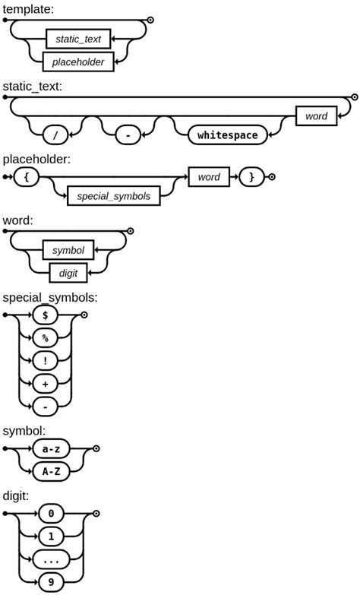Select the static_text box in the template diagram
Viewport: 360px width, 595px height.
tap(78, 38)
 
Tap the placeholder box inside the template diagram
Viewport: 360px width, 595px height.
tap(78, 62)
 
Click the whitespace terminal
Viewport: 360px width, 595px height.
tap(227, 135)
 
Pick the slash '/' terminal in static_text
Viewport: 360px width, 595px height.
tap(55, 135)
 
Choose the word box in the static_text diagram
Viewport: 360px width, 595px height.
tap(316, 116)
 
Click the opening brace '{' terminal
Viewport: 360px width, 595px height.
tap(26, 177)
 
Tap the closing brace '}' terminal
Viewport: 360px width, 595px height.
tap(251, 177)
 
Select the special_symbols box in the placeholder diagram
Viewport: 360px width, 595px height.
tap(114, 196)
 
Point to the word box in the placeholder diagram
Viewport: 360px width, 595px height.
tap(209, 177)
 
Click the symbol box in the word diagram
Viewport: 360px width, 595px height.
tap(68, 250)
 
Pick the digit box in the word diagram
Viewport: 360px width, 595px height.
tap(68, 273)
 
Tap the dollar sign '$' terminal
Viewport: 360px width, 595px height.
tap(45, 314)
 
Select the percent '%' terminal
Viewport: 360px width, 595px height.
tap(45, 337)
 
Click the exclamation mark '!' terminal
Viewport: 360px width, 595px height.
tap(45, 361)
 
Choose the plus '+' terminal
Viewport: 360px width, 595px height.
tap(45, 384)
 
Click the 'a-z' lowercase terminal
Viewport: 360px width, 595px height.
tap(51, 449)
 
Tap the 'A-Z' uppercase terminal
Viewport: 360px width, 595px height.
tap(51, 471)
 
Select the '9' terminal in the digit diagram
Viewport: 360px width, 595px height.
tap(51, 584)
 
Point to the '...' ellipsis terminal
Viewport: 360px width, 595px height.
tap(51, 561)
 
